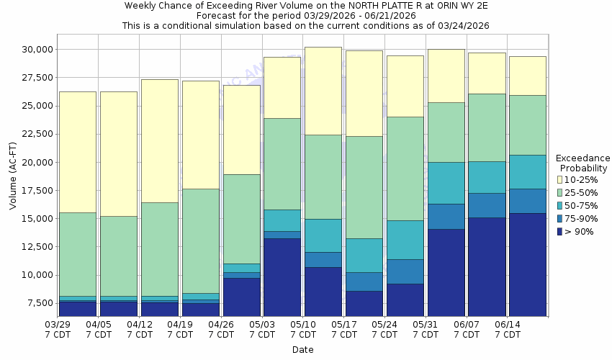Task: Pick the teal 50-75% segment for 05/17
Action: click(x=364, y=255)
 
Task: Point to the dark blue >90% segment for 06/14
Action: click(x=527, y=264)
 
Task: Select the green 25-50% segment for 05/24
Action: click(x=405, y=168)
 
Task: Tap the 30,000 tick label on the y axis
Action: click(x=35, y=50)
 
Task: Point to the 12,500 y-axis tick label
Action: click(x=35, y=247)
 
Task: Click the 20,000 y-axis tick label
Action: click(x=35, y=163)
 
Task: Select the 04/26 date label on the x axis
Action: click(x=221, y=330)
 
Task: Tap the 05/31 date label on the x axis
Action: click(x=426, y=330)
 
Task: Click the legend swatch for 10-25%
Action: click(x=560, y=179)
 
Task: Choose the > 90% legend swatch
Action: click(x=560, y=231)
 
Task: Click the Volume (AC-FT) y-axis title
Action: click(x=13, y=176)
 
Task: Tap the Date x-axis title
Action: click(x=302, y=350)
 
